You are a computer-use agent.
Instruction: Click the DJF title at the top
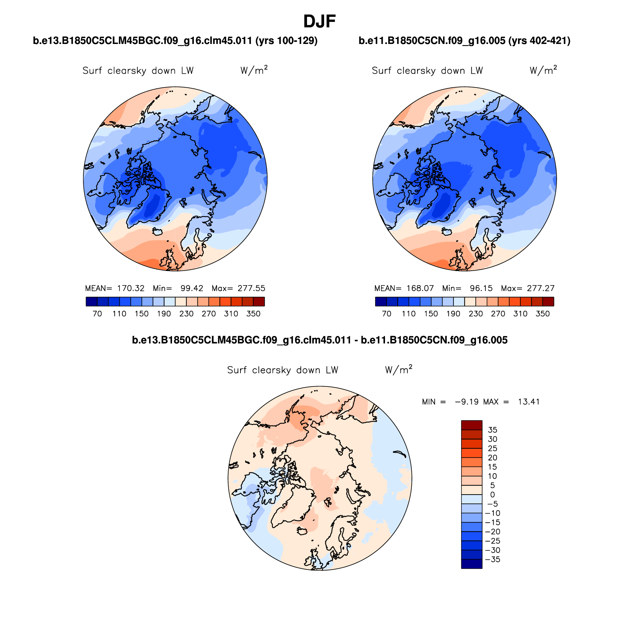pyautogui.click(x=319, y=22)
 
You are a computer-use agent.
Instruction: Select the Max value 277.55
pyautogui.click(x=251, y=288)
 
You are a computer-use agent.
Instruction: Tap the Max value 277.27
pyautogui.click(x=541, y=288)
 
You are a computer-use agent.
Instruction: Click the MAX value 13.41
pyautogui.click(x=529, y=402)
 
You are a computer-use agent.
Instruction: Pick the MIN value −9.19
pyautogui.click(x=466, y=402)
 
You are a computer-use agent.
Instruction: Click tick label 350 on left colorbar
pyautogui.click(x=253, y=314)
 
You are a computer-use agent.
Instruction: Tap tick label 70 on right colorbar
pyautogui.click(x=387, y=314)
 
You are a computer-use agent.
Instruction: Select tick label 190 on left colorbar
pyautogui.click(x=164, y=314)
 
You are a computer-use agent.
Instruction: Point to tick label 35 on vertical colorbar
pyautogui.click(x=492, y=430)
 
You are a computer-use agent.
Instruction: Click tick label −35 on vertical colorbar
pyautogui.click(x=495, y=560)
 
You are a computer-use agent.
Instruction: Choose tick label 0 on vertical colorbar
pyautogui.click(x=492, y=495)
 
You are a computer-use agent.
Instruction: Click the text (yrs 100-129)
pyautogui.click(x=286, y=41)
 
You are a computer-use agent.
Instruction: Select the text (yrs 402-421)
pyautogui.click(x=539, y=41)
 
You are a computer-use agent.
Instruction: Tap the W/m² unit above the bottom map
pyautogui.click(x=398, y=370)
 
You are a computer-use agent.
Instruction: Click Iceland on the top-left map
pyautogui.click(x=158, y=231)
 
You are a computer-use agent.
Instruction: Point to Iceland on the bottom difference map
pyautogui.click(x=302, y=531)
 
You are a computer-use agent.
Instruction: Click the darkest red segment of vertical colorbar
pyautogui.click(x=471, y=425)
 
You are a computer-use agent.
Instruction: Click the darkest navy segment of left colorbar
pyautogui.click(x=92, y=302)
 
